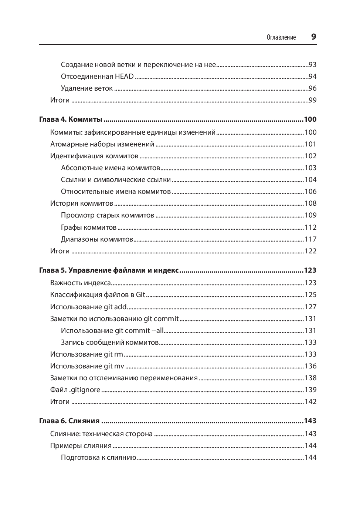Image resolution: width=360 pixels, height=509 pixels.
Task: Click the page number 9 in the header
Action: [313, 37]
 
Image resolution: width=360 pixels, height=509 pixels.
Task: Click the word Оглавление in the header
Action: [281, 37]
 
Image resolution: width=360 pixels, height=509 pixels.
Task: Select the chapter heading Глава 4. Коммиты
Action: [71, 119]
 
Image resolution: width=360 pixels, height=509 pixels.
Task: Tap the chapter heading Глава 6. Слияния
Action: [69, 421]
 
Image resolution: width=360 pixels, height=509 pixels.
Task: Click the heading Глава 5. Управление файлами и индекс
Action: [109, 270]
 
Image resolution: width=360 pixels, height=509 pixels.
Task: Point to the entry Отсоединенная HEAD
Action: [97, 77]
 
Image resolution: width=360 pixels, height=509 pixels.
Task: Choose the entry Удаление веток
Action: [87, 88]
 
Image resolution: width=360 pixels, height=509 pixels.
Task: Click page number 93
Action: [312, 65]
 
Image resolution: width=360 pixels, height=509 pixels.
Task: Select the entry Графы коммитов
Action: [89, 227]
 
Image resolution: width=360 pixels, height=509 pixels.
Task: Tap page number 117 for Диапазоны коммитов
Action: [310, 239]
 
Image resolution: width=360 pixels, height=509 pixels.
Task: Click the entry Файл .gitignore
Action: [75, 390]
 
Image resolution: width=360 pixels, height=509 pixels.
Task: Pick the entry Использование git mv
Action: [87, 366]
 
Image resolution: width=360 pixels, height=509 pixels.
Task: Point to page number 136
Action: [310, 366]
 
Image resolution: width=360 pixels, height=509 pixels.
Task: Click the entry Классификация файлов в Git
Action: [98, 295]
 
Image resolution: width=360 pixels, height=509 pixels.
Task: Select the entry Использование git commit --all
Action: [112, 331]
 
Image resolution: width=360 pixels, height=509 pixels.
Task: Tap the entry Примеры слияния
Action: [81, 446]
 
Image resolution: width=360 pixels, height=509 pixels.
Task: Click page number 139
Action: [310, 390]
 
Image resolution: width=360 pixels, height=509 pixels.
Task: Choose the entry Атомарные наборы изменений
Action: [102, 144]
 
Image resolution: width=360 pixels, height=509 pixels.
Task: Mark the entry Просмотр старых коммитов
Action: [108, 215]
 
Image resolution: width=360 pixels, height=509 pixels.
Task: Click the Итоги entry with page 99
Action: [60, 100]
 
